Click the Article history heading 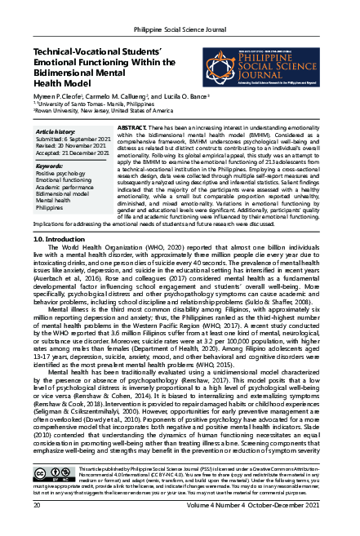(56, 131)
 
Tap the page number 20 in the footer (37, 529)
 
